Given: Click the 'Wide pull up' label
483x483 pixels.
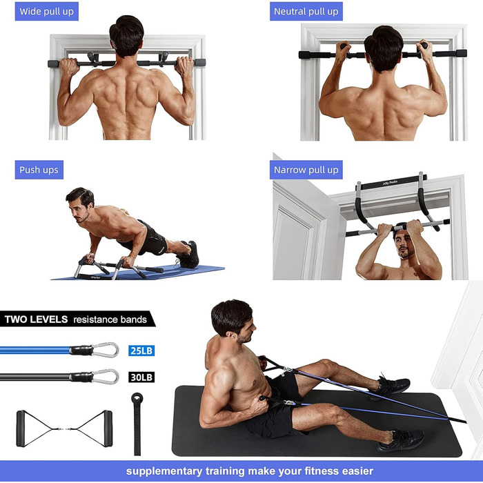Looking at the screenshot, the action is pos(46,12).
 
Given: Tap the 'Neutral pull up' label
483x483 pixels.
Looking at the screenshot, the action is pos(306,12).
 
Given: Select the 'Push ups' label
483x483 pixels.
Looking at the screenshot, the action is pos(39,170).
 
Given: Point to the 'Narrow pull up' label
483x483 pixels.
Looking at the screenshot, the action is pos(306,170).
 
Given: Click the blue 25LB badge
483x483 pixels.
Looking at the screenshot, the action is pos(141,351).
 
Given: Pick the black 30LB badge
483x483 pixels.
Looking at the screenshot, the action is pos(141,377).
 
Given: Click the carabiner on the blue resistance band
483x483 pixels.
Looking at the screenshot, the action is pos(106,350).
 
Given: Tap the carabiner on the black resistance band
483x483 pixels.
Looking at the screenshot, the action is pos(106,377).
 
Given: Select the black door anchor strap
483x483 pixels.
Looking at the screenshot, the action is pos(137,424).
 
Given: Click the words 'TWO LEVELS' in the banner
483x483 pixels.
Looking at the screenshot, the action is pos(36,319).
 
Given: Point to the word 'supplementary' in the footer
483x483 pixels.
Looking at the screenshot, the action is pos(164,471).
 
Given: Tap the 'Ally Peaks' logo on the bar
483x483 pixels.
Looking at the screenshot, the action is pos(390,184).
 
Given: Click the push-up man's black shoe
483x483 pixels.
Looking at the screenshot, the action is pos(188,256).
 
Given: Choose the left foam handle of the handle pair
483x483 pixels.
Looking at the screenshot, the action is pos(21,428).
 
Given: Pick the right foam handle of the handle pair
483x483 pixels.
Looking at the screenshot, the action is pos(108,428).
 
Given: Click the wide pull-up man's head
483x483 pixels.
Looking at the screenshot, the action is pos(126,36).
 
